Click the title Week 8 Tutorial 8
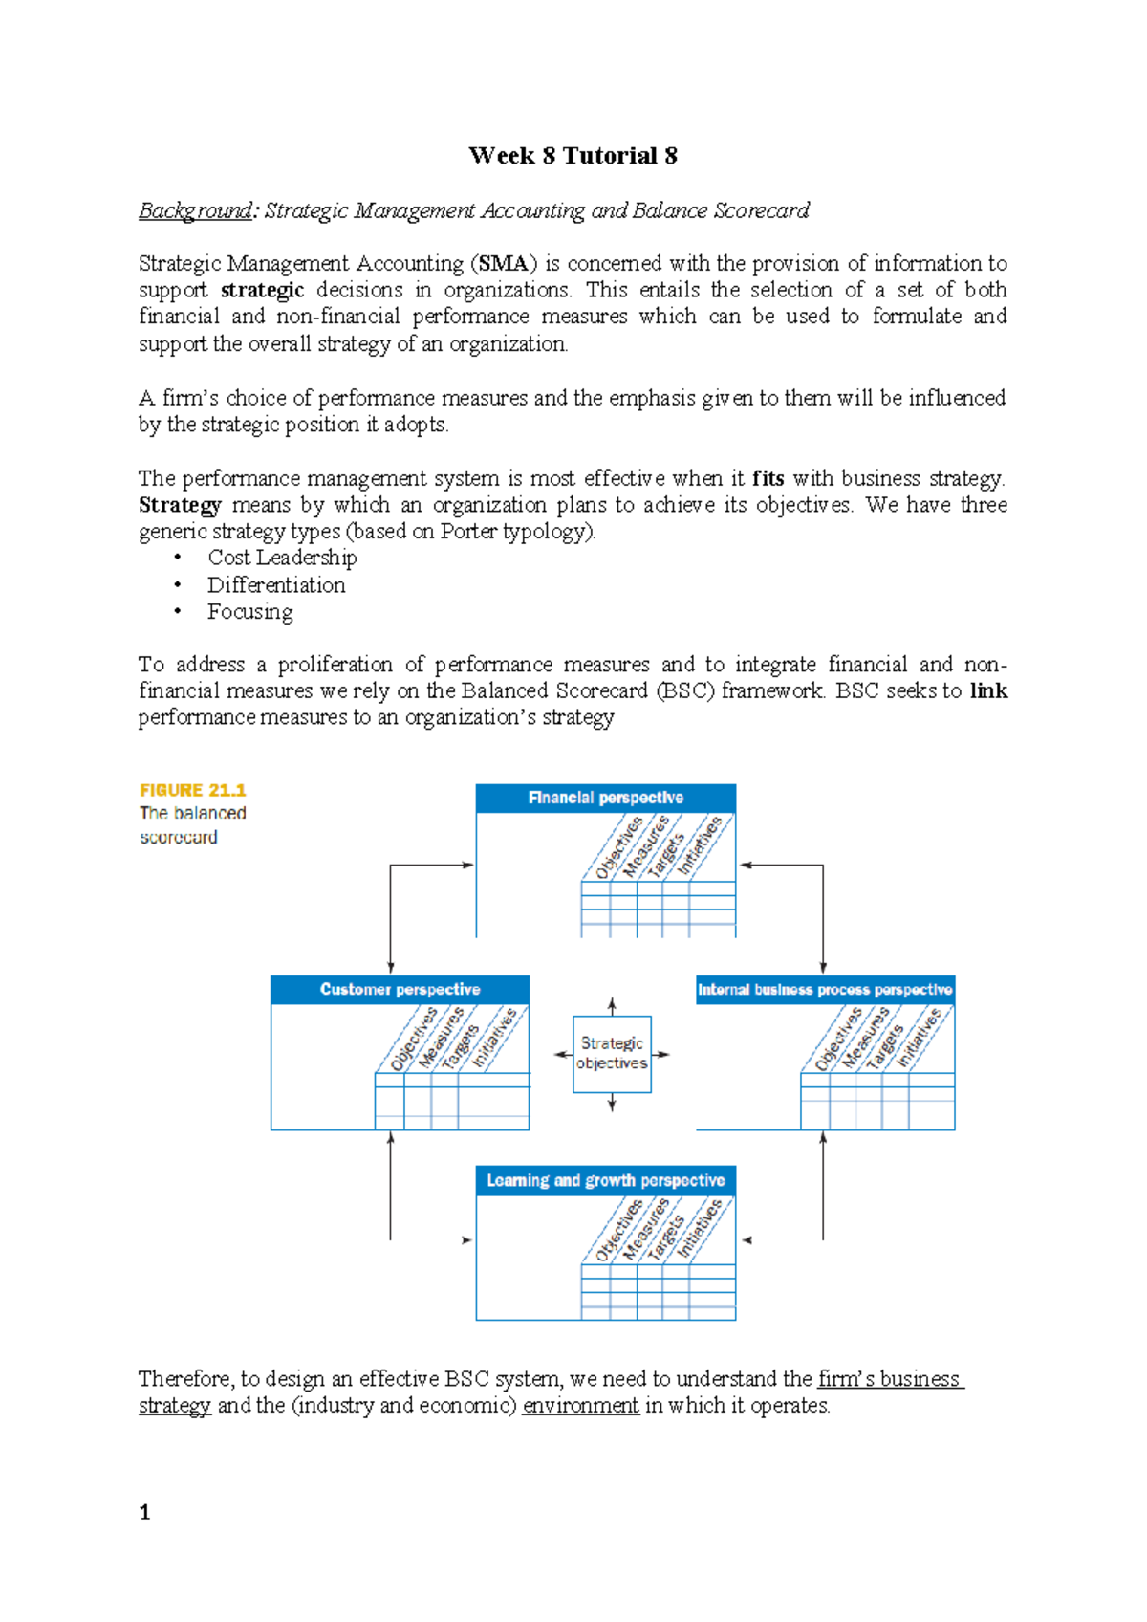tap(573, 156)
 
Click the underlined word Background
tap(195, 210)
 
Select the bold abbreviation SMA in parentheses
tap(504, 264)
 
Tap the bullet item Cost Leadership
tap(282, 558)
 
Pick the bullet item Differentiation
tap(276, 585)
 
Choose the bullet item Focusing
tap(250, 612)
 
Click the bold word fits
tap(768, 478)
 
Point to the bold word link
tap(988, 690)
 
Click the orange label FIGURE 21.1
tap(193, 790)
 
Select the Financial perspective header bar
tap(605, 798)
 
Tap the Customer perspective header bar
tap(400, 989)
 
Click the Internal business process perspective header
tap(825, 989)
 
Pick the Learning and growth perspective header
tap(605, 1180)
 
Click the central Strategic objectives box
tap(612, 1053)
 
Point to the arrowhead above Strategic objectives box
tap(612, 1004)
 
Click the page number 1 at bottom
tap(144, 1512)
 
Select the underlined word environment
tap(580, 1406)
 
